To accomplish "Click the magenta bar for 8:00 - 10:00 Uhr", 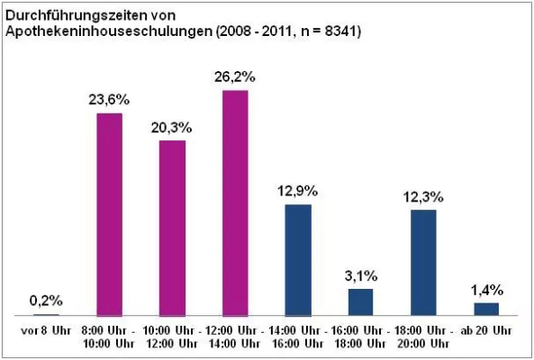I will click(109, 214).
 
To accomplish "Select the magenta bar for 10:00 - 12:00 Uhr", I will click(172, 228).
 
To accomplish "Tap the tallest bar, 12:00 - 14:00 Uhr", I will click(235, 203).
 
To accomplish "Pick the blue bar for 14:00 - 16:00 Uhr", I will click(298, 260).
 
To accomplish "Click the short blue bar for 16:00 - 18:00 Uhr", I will click(360, 301).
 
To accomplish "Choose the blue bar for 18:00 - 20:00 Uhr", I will click(423, 262).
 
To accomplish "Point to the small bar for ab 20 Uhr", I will click(486, 309).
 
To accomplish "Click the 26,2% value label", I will click(236, 78).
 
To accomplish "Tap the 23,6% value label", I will click(110, 100).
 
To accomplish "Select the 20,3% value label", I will click(173, 127).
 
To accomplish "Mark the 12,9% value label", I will click(298, 192).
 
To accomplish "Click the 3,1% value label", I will click(361, 275).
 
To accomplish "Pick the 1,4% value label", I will click(487, 290).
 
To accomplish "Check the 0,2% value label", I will click(46, 301).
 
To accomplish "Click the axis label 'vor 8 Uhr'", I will click(46, 331).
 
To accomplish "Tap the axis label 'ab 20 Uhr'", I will click(486, 331).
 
